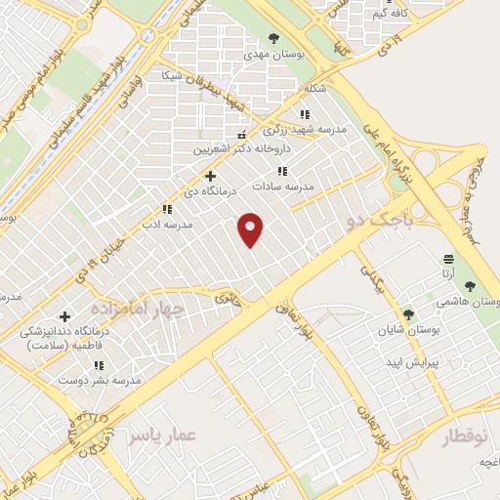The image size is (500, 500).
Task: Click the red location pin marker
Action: pos(252,229)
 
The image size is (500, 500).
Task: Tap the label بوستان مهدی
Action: pos(276,56)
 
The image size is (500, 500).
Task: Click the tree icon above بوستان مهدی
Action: pos(276,40)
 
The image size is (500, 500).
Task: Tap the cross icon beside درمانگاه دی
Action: pos(210,176)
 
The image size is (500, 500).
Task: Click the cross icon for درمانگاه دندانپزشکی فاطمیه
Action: pos(65,316)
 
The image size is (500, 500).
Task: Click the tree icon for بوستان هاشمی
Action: pos(470,286)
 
